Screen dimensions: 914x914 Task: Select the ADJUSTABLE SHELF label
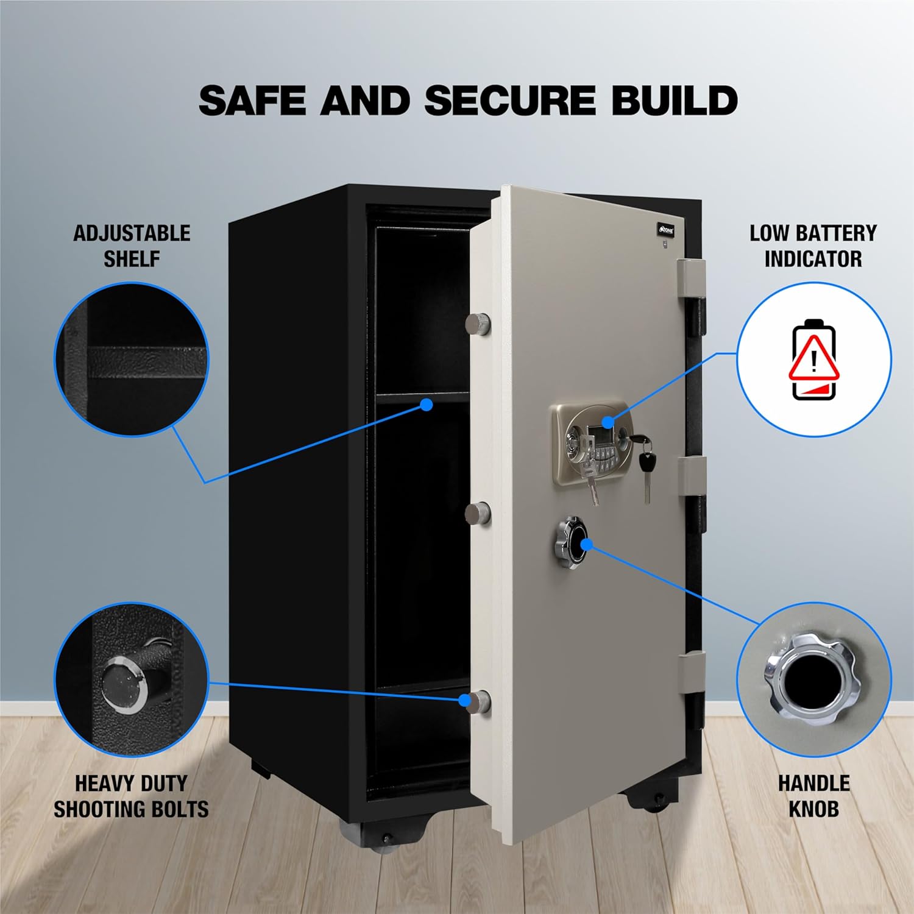[132, 246]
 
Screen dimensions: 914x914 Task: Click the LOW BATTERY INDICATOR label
[813, 246]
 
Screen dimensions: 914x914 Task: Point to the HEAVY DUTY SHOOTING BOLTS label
[131, 796]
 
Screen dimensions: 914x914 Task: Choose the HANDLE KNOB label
[813, 796]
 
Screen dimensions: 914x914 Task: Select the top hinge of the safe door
[692, 297]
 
